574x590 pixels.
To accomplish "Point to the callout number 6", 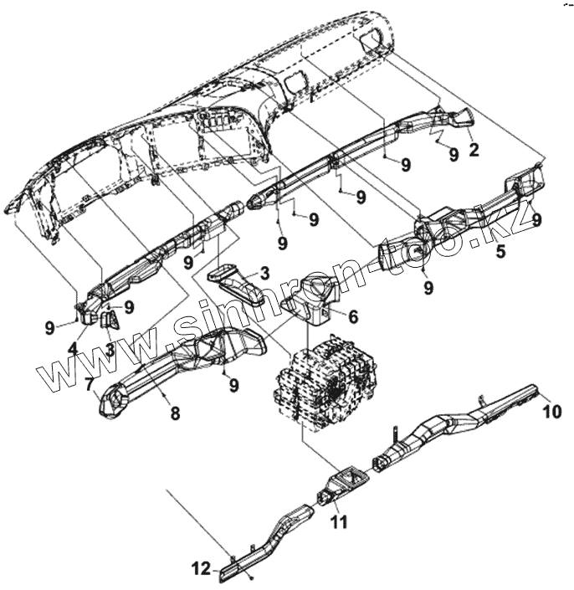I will click(352, 316).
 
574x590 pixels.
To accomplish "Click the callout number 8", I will click(175, 413).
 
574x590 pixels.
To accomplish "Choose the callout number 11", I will click(340, 522).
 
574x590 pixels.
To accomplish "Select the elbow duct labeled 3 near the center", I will click(243, 285).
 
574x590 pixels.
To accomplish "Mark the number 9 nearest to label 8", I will click(234, 384).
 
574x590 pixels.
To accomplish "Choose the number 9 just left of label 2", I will click(453, 154).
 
